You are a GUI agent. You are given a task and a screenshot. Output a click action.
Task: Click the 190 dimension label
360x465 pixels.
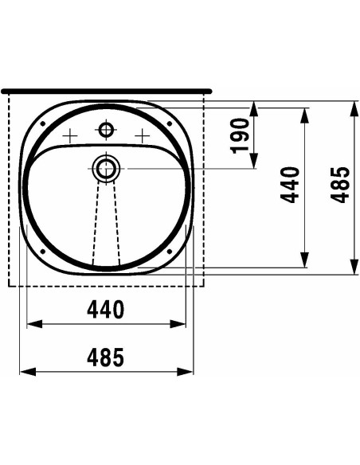pyautogui.click(x=239, y=136)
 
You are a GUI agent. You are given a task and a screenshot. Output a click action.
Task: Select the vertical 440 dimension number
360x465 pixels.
pyautogui.click(x=290, y=185)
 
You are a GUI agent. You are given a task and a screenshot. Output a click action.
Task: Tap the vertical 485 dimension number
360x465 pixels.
pyautogui.click(x=340, y=185)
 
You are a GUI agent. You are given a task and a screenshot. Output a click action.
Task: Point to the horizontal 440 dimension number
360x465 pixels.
pyautogui.click(x=106, y=309)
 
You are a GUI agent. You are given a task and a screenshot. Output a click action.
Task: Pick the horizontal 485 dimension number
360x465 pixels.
pyautogui.click(x=106, y=357)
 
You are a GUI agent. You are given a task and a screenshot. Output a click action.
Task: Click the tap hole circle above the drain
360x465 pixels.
pyautogui.click(x=106, y=130)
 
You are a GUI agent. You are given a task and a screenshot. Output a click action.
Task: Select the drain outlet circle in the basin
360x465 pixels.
pyautogui.click(x=106, y=169)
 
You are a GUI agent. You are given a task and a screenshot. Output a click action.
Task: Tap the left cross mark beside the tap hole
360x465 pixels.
pyautogui.click(x=70, y=136)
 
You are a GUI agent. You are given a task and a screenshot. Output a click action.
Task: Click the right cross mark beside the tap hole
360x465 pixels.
pyautogui.click(x=143, y=136)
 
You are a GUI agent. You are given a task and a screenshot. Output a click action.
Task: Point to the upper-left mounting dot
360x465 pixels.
pyautogui.click(x=43, y=123)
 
